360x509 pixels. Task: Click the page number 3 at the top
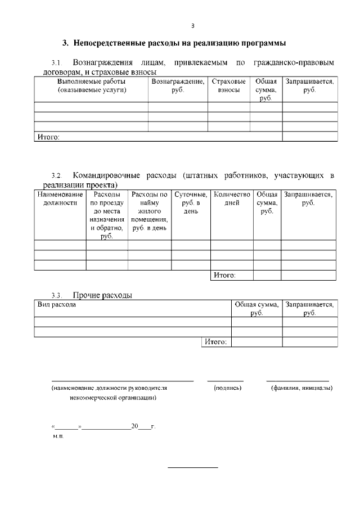coord(192,26)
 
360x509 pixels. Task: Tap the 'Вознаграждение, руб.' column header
coord(178,85)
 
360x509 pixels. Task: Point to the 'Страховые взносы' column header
coord(229,85)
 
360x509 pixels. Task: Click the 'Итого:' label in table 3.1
coord(48,137)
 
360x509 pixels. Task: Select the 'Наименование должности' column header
coord(60,199)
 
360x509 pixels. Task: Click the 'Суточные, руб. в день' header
coord(191,202)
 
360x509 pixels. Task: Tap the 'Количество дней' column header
coord(232,199)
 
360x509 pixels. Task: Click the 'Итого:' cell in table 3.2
coord(224,276)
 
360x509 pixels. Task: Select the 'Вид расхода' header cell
coord(57,304)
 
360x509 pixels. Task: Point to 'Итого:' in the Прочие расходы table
coord(215,342)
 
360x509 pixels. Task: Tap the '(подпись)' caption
coord(228,388)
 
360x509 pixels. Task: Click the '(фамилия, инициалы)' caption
coord(301,388)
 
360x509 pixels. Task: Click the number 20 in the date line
coord(134,426)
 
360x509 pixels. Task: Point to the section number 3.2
coord(56,176)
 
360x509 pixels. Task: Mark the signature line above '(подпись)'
coord(226,381)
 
